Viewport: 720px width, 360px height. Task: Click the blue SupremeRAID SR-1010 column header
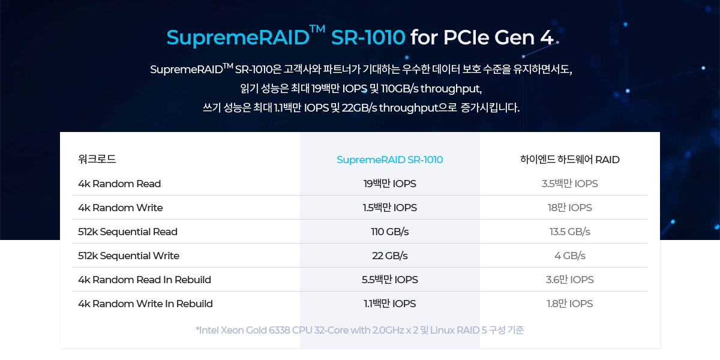(389, 160)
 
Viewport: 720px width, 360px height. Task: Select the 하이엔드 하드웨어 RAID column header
(569, 160)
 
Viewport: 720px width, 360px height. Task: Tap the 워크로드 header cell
(97, 160)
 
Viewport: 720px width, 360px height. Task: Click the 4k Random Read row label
(119, 184)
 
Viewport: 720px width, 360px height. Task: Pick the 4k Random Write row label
(120, 208)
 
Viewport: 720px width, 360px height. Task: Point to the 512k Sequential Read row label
(128, 232)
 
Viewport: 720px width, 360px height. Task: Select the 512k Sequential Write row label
(128, 256)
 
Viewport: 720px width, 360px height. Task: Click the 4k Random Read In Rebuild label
(145, 280)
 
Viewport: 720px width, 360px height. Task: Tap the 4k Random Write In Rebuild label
(145, 304)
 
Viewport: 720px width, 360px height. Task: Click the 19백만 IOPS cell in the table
(389, 184)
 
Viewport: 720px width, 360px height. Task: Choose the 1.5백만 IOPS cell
(389, 208)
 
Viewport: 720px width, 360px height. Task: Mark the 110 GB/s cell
(389, 232)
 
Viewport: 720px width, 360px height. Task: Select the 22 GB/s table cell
(389, 256)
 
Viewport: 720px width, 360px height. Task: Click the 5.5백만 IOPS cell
(389, 280)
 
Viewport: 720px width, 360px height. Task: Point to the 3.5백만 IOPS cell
(569, 184)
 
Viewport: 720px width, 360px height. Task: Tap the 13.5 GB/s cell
(569, 232)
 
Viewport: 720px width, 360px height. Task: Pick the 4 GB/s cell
(569, 256)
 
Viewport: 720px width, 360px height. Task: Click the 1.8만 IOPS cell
(569, 304)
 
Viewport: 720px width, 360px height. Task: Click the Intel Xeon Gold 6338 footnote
(360, 330)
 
